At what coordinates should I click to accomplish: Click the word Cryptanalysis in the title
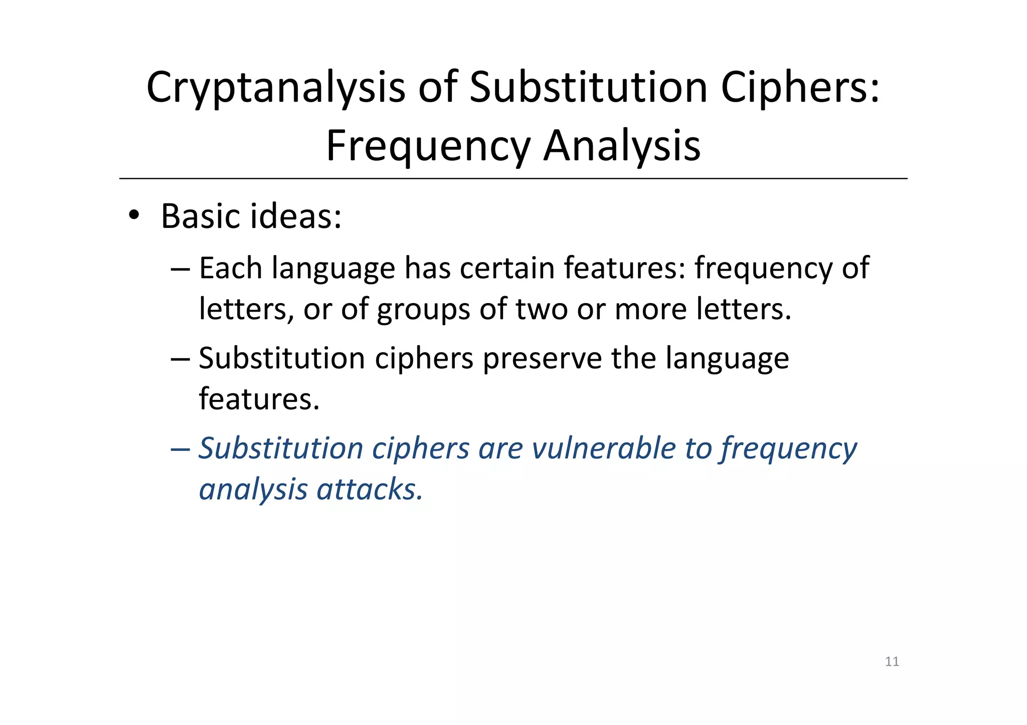tap(275, 88)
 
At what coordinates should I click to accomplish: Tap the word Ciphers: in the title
tap(800, 88)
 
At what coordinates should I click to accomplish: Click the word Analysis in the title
tap(622, 146)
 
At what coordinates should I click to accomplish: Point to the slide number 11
tap(892, 661)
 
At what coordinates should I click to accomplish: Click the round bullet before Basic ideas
tap(133, 216)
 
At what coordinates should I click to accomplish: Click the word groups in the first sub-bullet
tap(423, 309)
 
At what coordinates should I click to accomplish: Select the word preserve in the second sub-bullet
tap(542, 359)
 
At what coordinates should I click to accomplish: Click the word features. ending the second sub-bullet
tap(259, 399)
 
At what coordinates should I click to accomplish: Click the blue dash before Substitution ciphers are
tap(180, 449)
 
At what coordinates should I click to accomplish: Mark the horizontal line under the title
tap(513, 178)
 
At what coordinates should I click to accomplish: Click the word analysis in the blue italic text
tap(253, 490)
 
